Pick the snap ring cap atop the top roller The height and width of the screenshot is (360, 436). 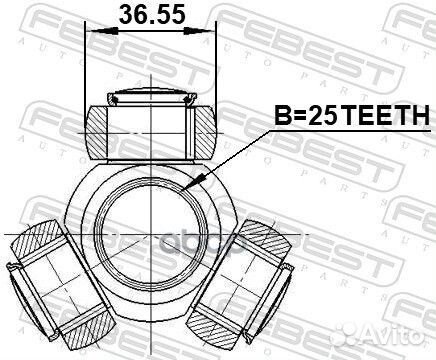click(151, 97)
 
